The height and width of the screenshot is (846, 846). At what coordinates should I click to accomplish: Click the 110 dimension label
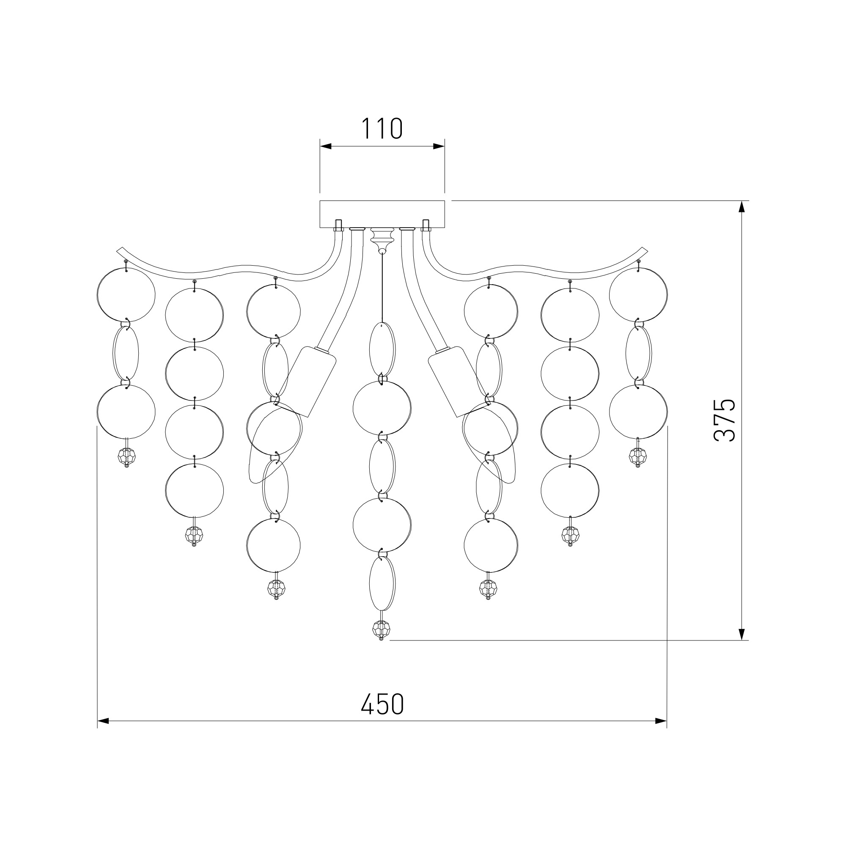[x=382, y=129]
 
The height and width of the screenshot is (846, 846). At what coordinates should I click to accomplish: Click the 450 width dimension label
[x=382, y=705]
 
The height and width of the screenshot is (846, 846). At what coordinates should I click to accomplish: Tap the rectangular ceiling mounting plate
[x=382, y=214]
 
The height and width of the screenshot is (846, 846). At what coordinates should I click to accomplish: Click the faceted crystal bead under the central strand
[x=381, y=629]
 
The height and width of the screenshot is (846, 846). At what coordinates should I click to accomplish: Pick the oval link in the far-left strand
[x=126, y=354]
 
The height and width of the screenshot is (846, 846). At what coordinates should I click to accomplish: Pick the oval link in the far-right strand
[x=638, y=354]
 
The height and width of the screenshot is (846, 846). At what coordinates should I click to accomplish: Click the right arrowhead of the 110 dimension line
[x=439, y=146]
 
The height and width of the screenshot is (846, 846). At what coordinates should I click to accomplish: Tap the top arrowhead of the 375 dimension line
[x=742, y=207]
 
